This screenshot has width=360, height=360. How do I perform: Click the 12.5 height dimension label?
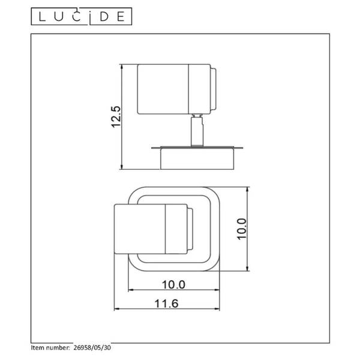pyautogui.click(x=115, y=116)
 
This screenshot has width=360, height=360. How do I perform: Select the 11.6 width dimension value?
pyautogui.click(x=166, y=303)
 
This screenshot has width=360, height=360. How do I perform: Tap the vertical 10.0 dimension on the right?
pyautogui.click(x=242, y=229)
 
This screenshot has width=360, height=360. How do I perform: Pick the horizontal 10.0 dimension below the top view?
pyautogui.click(x=173, y=284)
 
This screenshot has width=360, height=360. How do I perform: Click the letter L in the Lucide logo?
pyautogui.click(x=41, y=17)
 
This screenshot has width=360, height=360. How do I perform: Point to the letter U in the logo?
pyautogui.click(x=59, y=17)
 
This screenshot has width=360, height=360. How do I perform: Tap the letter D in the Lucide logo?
pyautogui.click(x=104, y=17)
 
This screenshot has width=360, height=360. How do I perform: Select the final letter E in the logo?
pyautogui.click(x=121, y=17)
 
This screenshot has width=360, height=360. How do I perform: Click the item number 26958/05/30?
pyautogui.click(x=92, y=347)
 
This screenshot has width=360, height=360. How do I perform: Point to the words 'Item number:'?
pyautogui.click(x=50, y=347)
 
